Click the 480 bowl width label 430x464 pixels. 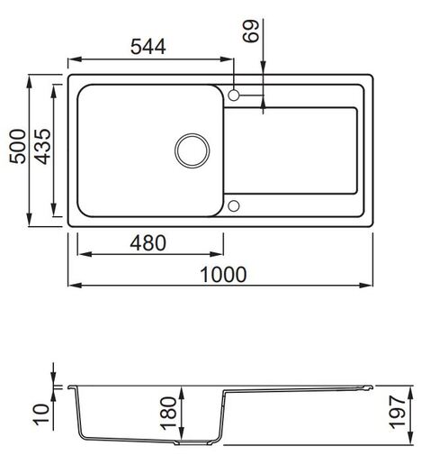[x=149, y=242]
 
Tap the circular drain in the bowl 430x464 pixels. [x=190, y=149]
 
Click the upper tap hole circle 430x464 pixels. [x=234, y=95]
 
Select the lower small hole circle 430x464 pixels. [x=234, y=206]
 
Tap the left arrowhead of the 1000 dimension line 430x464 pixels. [x=71, y=286]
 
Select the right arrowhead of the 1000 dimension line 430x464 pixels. [x=369, y=286]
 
